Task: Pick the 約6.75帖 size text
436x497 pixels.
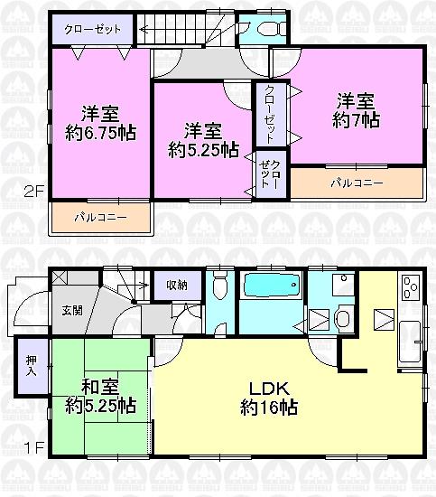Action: point(100,132)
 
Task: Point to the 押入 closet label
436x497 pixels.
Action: point(31,365)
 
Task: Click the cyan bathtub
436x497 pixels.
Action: point(273,288)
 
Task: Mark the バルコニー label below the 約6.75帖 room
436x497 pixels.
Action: point(99,217)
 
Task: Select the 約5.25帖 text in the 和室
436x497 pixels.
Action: point(100,407)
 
